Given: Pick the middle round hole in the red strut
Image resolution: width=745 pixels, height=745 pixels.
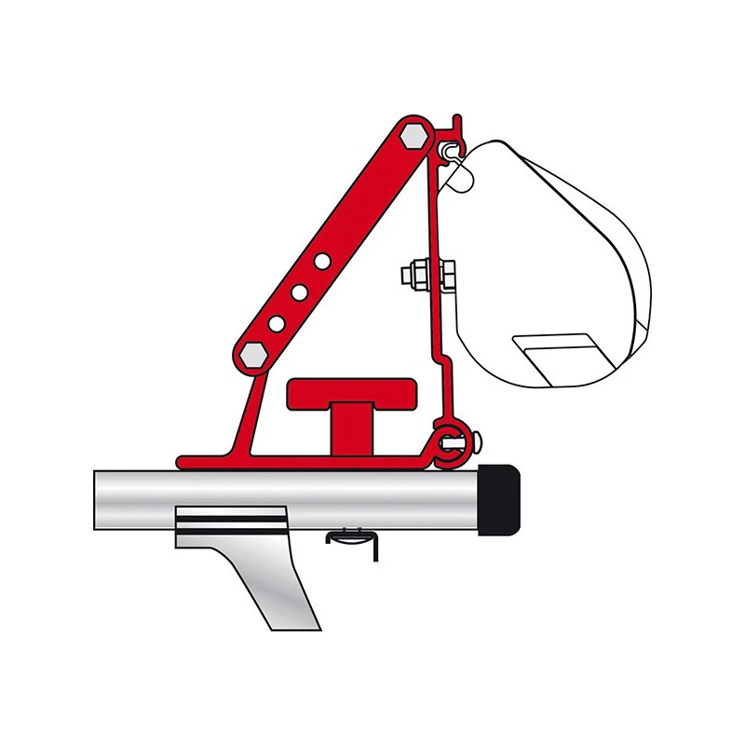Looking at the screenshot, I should tap(300, 292).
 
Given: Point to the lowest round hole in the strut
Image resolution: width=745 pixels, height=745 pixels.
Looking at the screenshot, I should tap(278, 323).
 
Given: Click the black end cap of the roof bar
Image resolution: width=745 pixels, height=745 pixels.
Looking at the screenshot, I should tap(499, 501).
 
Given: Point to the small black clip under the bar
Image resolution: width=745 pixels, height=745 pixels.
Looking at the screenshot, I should tap(353, 541).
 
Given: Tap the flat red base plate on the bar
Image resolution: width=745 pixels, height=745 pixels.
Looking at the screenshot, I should tap(279, 461).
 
